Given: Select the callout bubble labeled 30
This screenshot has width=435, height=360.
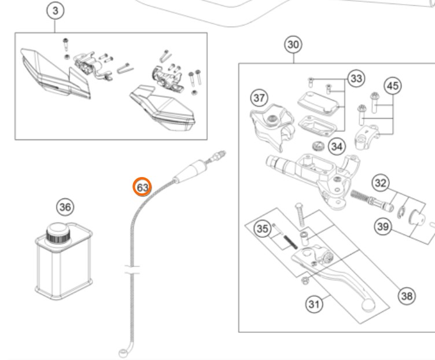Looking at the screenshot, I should click(294, 45).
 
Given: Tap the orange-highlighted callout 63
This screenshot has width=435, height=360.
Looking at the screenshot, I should click(142, 188).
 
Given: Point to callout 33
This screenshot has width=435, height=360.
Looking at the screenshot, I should click(356, 78).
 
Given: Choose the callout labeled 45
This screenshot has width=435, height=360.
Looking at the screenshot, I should click(393, 86).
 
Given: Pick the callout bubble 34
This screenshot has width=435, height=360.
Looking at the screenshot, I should click(336, 145).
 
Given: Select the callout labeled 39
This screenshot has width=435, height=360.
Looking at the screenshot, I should click(382, 226).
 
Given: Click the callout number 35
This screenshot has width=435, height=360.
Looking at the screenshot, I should click(263, 229).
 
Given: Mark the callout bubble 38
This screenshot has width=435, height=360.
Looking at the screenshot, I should click(407, 296).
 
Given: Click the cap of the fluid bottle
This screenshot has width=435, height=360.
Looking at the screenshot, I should click(58, 233).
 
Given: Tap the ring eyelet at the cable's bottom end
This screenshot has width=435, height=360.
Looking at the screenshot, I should click(123, 351).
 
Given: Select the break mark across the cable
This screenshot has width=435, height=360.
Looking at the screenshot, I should click(132, 269).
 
